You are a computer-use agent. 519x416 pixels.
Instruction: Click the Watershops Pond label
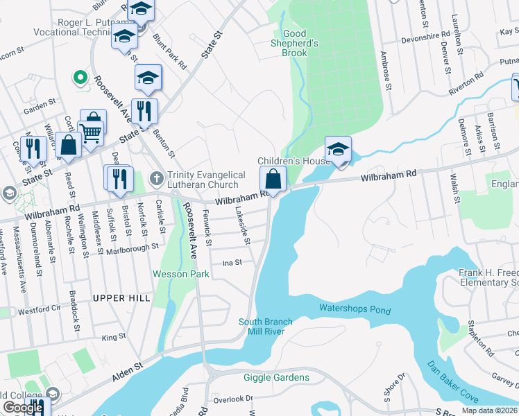coord(355,309)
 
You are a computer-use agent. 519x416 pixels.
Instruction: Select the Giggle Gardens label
coord(276,377)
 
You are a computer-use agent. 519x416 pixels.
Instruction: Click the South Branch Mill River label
coord(266,327)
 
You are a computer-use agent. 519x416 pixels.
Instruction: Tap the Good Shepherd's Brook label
coord(294,43)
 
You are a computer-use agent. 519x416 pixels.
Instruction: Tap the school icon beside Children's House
coord(338,150)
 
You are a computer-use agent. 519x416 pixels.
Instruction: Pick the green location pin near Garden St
coord(80,78)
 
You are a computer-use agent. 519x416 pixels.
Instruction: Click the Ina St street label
coord(232,263)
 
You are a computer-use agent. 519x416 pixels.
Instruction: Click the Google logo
coord(23,408)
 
